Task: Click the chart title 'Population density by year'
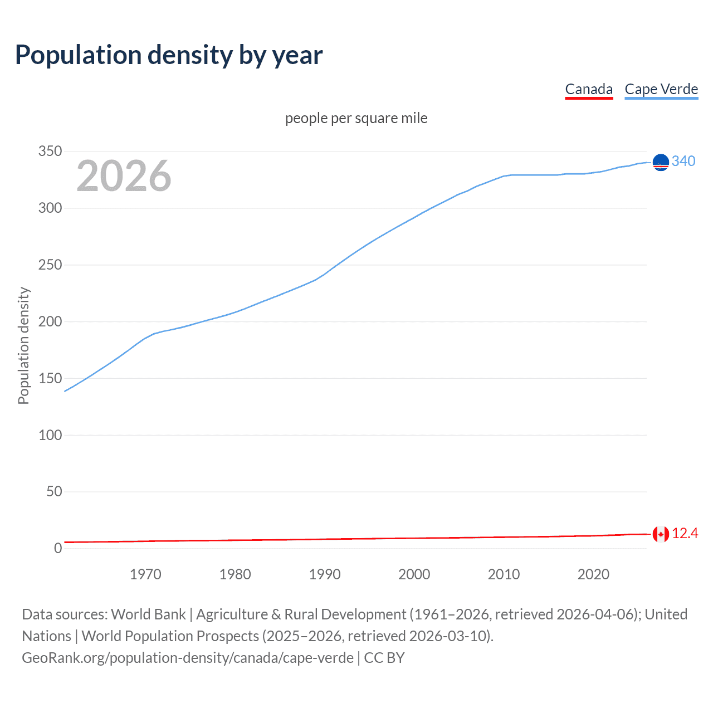click(x=169, y=55)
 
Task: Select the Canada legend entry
click(x=589, y=89)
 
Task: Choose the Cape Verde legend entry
click(x=661, y=89)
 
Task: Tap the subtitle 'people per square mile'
click(x=356, y=119)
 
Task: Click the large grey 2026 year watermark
click(x=124, y=176)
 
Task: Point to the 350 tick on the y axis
click(x=50, y=152)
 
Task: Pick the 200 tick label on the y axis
click(x=50, y=321)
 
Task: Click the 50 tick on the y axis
click(x=54, y=491)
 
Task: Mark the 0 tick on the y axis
click(x=58, y=548)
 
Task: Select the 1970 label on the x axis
click(x=145, y=574)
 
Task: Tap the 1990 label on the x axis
click(x=325, y=574)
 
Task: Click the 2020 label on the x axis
click(x=593, y=574)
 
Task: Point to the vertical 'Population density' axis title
click(x=23, y=345)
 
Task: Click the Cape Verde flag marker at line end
click(x=661, y=162)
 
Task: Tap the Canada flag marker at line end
click(x=661, y=534)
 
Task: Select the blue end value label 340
click(x=683, y=162)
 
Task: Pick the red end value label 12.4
click(x=685, y=534)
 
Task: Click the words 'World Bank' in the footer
click(x=148, y=614)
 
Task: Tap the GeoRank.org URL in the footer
click(x=188, y=658)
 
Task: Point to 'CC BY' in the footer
click(x=384, y=658)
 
